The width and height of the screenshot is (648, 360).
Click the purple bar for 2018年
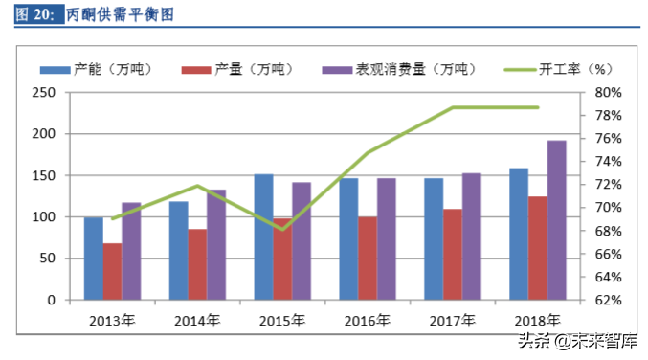tap(556, 220)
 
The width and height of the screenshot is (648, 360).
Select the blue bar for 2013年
tap(94, 259)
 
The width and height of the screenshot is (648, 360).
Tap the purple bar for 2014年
tap(216, 244)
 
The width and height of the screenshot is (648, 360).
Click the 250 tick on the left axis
tap(42, 93)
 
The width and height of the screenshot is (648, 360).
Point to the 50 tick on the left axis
tap(46, 259)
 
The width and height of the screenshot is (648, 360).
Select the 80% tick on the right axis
tap(610, 93)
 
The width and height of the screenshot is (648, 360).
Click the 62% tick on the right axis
tap(610, 300)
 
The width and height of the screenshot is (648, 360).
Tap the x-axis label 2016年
tap(368, 319)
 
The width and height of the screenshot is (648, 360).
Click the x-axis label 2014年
tap(197, 319)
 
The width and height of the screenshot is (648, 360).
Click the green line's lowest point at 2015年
tap(282, 229)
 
